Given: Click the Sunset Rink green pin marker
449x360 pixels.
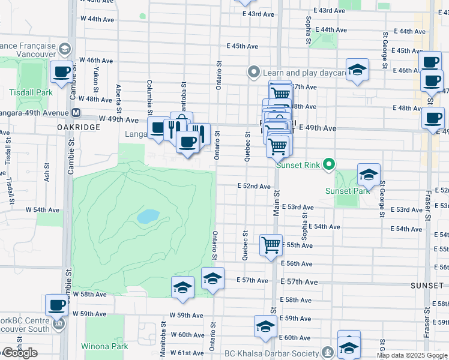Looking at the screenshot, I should point(328,163).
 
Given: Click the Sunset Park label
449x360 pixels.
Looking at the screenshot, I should point(347,191).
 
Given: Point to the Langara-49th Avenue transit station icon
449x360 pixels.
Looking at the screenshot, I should point(76,112).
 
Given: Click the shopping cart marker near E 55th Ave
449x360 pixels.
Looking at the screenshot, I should point(271,244).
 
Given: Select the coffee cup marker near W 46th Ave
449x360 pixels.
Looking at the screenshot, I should point(61,72).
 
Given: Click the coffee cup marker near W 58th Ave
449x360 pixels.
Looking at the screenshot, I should point(57,305).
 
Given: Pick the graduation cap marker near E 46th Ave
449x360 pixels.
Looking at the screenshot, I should point(357,69).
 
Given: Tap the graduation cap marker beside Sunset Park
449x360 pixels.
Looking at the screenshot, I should point(369,175).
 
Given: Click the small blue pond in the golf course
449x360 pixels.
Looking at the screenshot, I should point(148,216).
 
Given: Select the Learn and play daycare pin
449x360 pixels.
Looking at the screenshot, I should point(254,73).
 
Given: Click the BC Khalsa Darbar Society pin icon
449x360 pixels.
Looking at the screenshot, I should point(328,352).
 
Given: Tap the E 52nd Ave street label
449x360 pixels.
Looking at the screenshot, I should point(254,187).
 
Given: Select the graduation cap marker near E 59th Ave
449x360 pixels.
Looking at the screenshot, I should point(265,326).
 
